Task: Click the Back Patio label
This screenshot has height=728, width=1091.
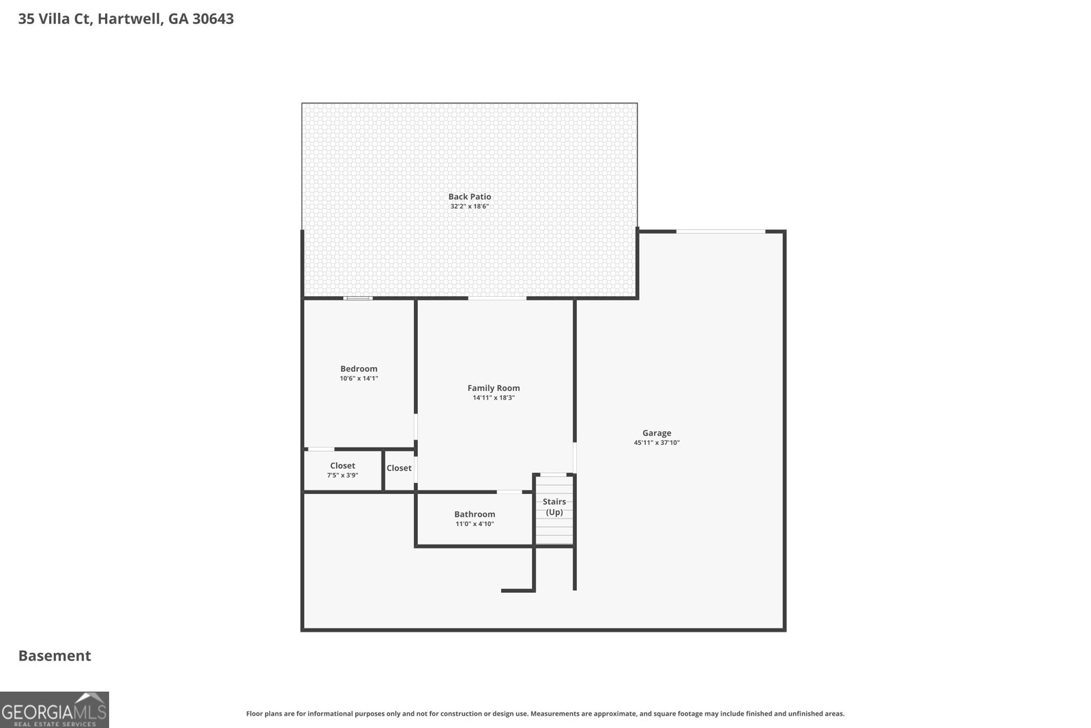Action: tap(469, 196)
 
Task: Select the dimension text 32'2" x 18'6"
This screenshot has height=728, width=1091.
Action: tap(469, 206)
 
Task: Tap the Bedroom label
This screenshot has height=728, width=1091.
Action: tap(359, 368)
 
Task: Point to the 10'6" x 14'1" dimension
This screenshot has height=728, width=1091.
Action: tap(359, 378)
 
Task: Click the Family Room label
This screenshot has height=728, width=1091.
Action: tap(494, 388)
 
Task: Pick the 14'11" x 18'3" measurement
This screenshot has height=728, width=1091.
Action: tap(494, 397)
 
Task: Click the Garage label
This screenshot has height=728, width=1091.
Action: tap(657, 433)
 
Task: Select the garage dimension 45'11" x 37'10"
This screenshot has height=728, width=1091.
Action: tap(657, 442)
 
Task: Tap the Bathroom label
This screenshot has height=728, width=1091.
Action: tap(475, 514)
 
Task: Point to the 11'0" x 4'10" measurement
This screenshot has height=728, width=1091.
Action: tap(475, 524)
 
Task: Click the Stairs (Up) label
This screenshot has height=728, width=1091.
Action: tap(554, 506)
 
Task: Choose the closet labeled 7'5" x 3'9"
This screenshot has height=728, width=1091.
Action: tap(342, 470)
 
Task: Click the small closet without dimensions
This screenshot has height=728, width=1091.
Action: tap(399, 468)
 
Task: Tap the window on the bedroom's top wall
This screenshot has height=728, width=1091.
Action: tap(357, 298)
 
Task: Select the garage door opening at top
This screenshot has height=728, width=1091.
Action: tap(720, 232)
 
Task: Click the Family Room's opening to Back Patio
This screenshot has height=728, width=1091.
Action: tap(497, 298)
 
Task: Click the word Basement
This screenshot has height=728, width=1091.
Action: tap(55, 656)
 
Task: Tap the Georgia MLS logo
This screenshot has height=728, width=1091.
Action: tap(54, 710)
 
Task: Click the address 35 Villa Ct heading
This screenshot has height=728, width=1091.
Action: tap(126, 18)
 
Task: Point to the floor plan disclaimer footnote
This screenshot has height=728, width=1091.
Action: tap(545, 714)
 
